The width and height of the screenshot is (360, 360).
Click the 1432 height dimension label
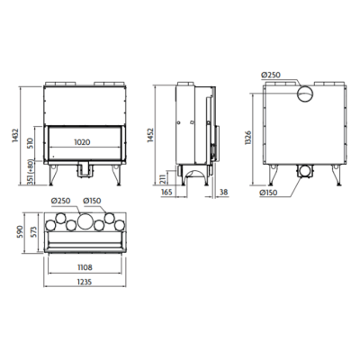15,136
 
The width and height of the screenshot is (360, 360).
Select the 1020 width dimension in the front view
82,142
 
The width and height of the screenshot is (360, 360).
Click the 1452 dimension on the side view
149,136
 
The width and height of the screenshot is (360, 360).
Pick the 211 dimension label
163,178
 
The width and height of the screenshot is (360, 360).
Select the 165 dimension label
166,192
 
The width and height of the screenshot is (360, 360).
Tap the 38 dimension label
224,192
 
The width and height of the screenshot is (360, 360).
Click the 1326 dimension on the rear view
247,138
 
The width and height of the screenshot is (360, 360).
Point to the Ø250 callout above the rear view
271,75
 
